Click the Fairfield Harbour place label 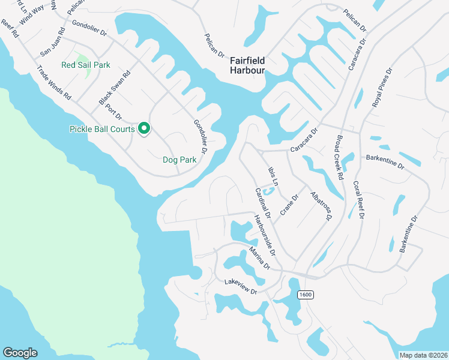point(247,65)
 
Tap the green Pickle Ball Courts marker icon point(144,128)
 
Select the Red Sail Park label point(86,65)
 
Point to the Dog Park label point(179,160)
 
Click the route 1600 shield point(306,295)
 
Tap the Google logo point(20,353)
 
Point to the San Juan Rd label point(52,42)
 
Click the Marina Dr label point(261,257)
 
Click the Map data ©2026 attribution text point(424,355)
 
